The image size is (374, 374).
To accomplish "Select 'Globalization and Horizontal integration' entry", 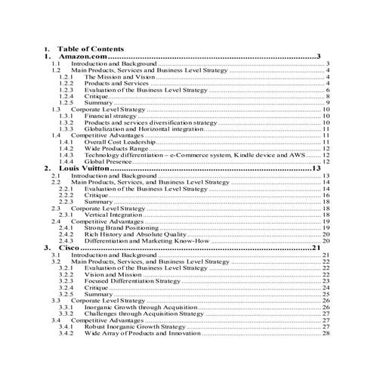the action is (x=143, y=128).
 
